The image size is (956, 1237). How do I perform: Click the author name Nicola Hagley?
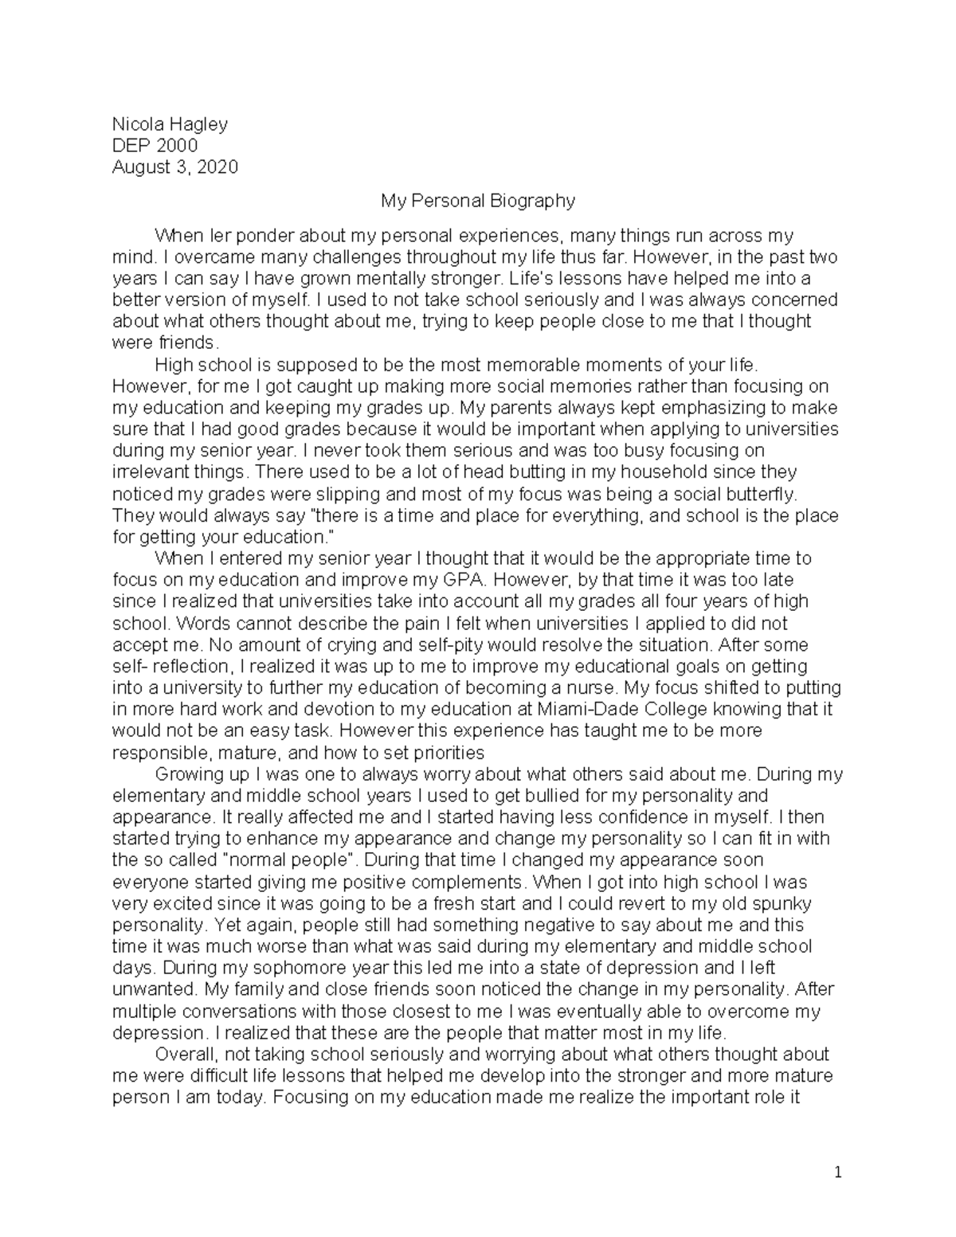(x=170, y=124)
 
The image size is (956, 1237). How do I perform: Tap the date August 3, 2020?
(x=174, y=167)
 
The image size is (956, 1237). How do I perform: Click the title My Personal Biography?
(x=478, y=201)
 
